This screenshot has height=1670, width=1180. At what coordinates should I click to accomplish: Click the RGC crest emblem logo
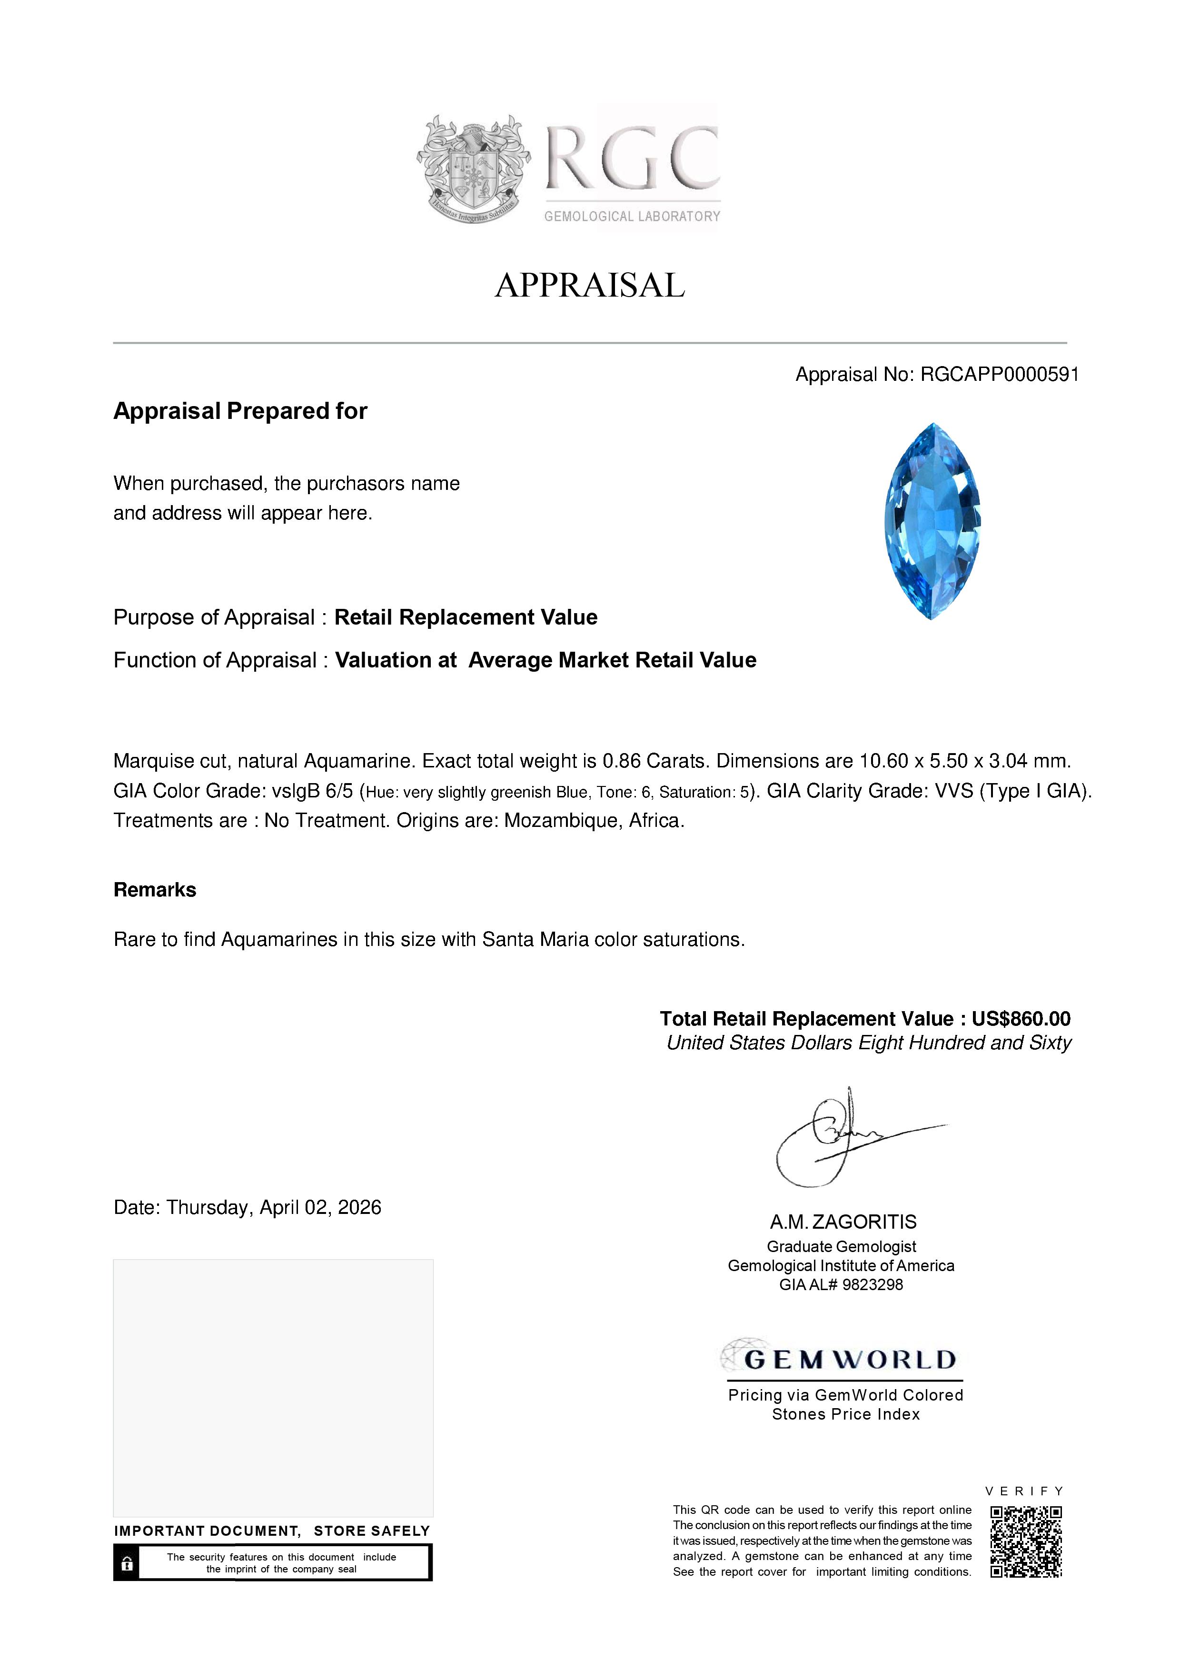[473, 169]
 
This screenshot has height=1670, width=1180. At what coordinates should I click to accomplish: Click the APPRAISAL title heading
[590, 285]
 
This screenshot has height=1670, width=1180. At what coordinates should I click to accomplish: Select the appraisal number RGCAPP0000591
[999, 375]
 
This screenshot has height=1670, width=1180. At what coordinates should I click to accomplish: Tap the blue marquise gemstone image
[932, 521]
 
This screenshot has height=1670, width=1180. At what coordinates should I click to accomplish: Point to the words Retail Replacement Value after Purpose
[466, 617]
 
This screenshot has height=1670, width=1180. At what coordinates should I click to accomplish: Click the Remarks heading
[155, 890]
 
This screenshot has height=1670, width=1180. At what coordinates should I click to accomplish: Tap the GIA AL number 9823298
[873, 1285]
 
